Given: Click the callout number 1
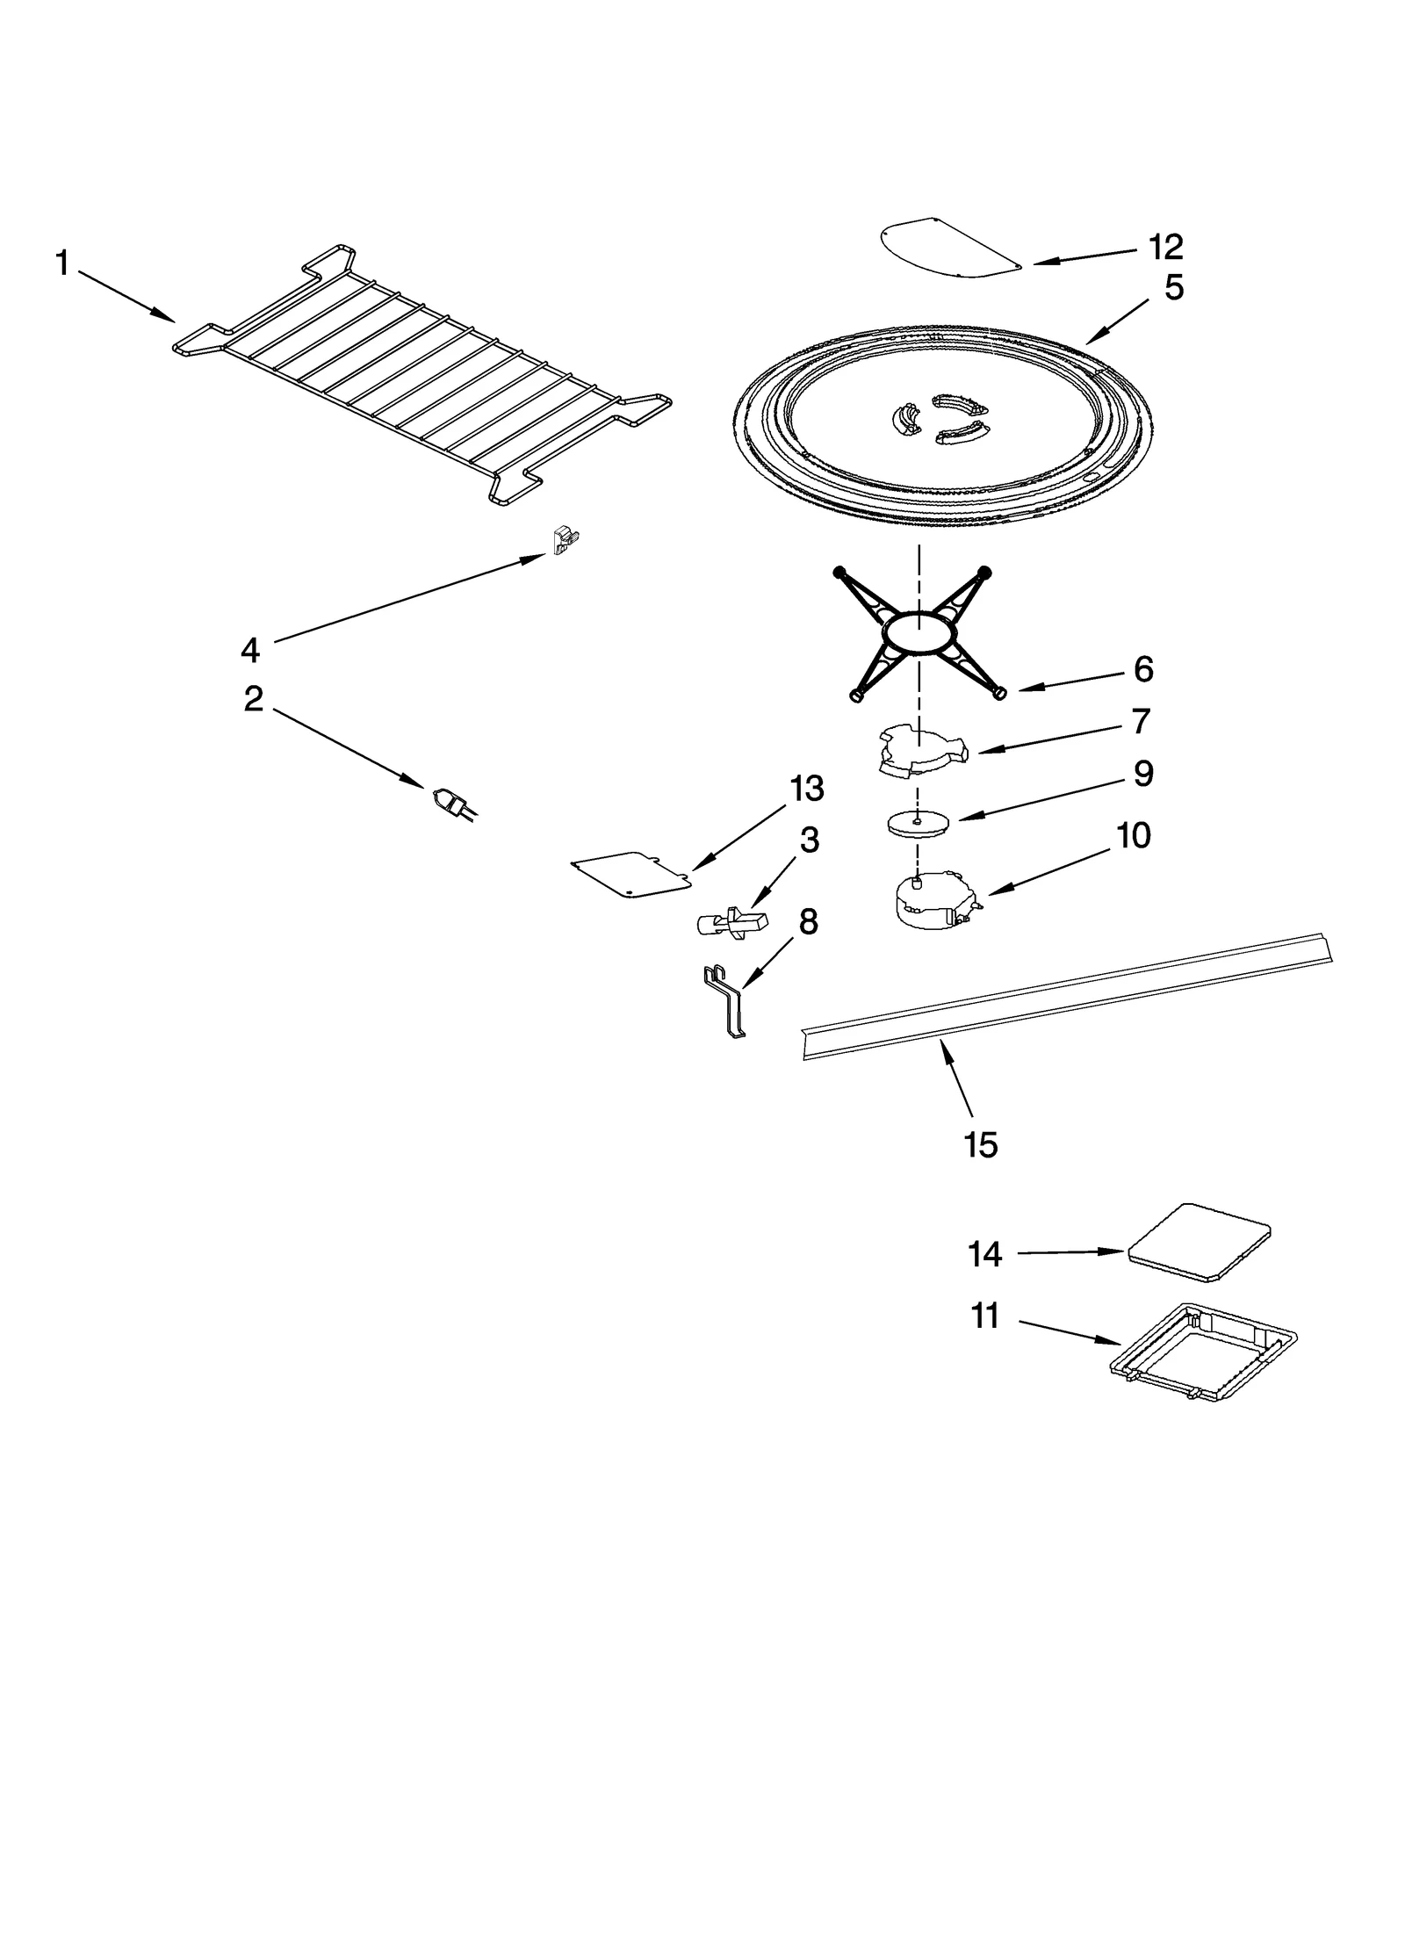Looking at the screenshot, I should [x=62, y=263].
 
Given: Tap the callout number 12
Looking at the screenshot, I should [x=1166, y=249].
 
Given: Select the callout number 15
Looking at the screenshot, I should [x=980, y=1145].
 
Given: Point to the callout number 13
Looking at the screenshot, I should [x=806, y=789].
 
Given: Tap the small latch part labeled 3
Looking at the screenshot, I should [x=731, y=922].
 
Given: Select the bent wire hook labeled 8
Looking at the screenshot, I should [x=726, y=1002].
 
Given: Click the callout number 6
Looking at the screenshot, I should [x=1142, y=670].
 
